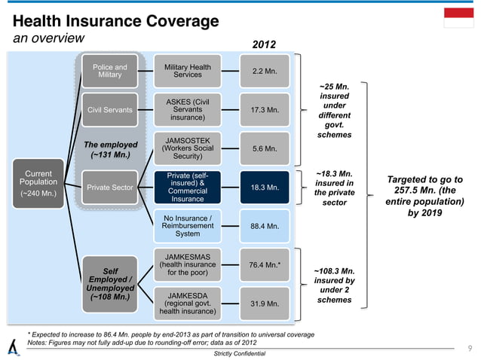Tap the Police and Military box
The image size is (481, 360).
click(x=109, y=72)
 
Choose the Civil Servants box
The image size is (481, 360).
click(x=109, y=111)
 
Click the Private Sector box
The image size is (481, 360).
click(x=109, y=188)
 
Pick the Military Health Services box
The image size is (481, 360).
click(x=187, y=72)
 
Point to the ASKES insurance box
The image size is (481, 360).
click(x=187, y=111)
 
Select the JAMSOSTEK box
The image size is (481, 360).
click(x=187, y=149)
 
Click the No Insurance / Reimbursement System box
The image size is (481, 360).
click(x=187, y=225)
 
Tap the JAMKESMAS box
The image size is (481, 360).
click(x=187, y=264)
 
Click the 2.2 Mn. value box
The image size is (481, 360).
click(x=264, y=72)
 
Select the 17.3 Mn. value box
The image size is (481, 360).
click(x=264, y=111)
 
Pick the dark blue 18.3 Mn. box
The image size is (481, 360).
click(x=264, y=188)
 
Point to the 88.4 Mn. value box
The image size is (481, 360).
click(x=264, y=225)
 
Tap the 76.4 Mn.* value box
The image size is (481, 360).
click(x=264, y=264)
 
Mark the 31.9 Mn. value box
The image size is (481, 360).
click(x=264, y=304)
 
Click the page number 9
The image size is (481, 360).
click(x=469, y=348)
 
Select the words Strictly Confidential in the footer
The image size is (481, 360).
click(x=240, y=353)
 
